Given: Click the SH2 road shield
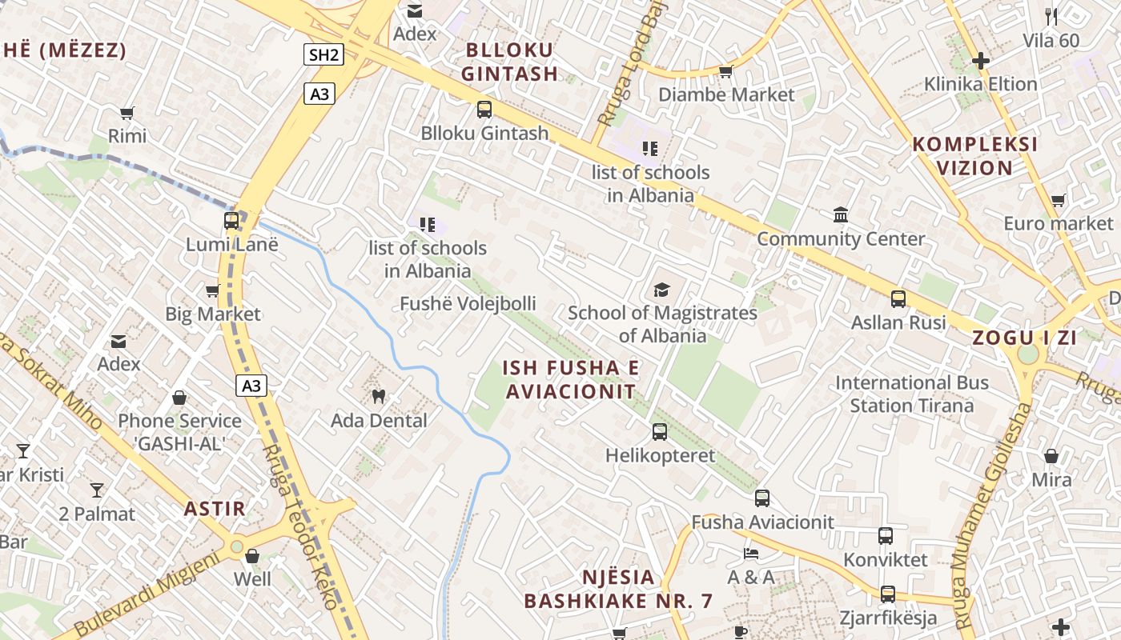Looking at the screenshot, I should point(324,54).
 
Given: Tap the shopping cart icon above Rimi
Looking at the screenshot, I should point(127,113).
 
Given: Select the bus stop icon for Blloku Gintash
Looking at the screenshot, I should point(484,110).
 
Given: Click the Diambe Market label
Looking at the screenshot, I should point(726,94).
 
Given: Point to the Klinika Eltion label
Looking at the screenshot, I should point(980,84).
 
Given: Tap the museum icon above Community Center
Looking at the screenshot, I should point(841,215).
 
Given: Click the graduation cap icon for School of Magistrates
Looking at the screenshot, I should point(661,290).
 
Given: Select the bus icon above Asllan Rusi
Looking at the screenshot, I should point(898,299).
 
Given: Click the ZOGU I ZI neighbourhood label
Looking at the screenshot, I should point(1024,338).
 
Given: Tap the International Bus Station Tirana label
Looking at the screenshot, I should point(912,394).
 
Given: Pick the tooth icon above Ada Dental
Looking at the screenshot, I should point(379,396).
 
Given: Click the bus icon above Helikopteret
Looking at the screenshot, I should point(660,432).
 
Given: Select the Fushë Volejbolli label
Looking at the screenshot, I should point(468,304).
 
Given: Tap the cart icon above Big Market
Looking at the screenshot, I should point(212,291).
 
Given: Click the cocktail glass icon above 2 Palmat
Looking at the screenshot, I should point(97,490).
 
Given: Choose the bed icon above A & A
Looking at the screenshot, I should point(750,553).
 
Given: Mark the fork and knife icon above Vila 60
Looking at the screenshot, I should point(1051,15).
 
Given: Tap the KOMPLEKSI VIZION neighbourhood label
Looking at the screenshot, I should point(975,156).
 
